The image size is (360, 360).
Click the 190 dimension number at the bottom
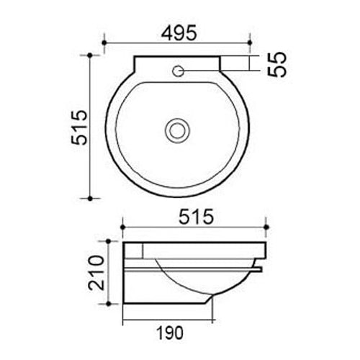[169, 333]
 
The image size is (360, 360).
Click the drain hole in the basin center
[176, 130]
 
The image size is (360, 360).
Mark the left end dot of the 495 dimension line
[104, 43]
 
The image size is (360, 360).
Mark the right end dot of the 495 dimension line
[249, 43]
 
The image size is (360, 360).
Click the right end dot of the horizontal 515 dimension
[268, 228]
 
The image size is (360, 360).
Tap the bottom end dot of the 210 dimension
[109, 304]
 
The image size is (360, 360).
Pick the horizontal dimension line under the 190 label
[169, 319]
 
